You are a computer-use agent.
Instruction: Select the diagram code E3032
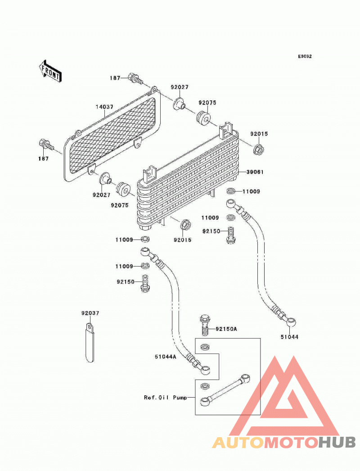[x=305, y=56]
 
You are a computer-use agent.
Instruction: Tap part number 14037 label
[x=104, y=107]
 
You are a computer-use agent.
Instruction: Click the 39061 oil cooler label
[x=255, y=172]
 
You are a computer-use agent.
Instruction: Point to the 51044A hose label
[x=166, y=357]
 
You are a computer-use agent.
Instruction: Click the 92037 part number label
[x=90, y=313]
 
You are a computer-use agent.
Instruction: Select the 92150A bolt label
[x=226, y=329]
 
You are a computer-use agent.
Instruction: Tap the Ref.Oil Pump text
[x=166, y=398]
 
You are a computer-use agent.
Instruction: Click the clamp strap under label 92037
[x=90, y=342]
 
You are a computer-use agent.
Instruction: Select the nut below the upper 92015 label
[x=258, y=149]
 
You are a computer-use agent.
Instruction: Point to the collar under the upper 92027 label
[x=179, y=103]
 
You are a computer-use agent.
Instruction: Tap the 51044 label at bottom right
[x=289, y=337]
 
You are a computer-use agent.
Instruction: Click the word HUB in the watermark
[x=337, y=443]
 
